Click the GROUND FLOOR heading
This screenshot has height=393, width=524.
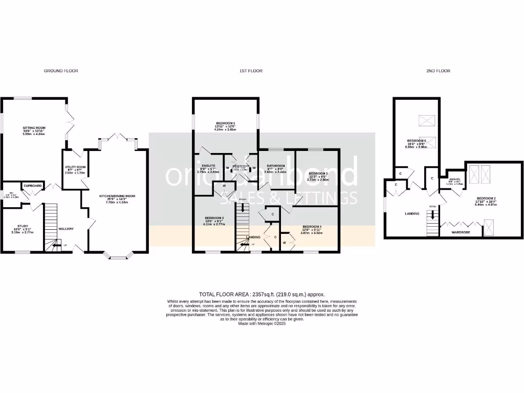click(60, 71)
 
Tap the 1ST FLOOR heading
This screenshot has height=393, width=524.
click(251, 71)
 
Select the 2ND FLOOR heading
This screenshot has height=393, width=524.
click(438, 71)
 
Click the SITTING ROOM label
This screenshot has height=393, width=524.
click(33, 128)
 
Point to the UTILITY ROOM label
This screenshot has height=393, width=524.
click(75, 167)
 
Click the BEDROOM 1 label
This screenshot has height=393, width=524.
click(225, 123)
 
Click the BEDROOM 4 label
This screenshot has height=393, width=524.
click(312, 227)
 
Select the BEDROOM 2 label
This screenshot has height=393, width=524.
click(486, 198)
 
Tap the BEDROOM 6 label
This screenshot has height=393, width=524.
click(417, 141)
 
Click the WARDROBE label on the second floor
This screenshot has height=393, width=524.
click(460, 232)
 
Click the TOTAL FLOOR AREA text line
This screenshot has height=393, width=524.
click(261, 295)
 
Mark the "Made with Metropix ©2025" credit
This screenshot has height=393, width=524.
click(261, 323)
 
